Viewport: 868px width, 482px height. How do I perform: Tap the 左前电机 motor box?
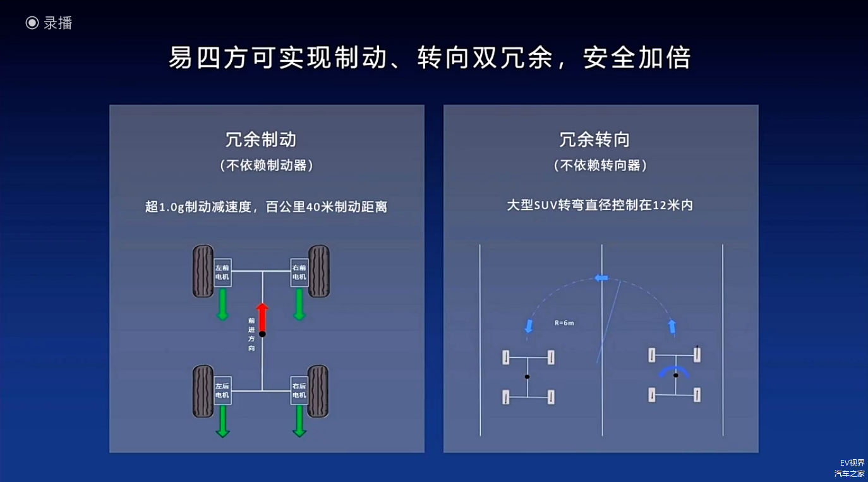tap(222, 273)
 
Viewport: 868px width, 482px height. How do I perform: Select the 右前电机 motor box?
tap(299, 273)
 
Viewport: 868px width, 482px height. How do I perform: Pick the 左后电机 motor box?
tap(222, 391)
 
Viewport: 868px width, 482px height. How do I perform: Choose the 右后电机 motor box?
tap(299, 391)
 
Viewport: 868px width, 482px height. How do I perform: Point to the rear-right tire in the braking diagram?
tap(318, 391)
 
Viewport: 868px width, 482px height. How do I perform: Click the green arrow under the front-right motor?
tap(299, 304)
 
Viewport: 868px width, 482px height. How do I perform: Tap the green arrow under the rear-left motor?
tap(222, 421)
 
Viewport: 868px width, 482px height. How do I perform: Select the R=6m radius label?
tap(564, 323)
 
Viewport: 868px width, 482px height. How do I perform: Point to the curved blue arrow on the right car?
tap(675, 371)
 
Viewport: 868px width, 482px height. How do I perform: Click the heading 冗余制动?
tap(261, 139)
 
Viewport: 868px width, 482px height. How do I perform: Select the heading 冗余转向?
tap(594, 139)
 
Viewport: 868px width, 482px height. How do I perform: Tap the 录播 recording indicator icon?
tap(32, 23)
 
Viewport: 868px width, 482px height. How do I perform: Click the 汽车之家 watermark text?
tap(849, 473)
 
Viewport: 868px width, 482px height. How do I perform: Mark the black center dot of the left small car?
tap(527, 377)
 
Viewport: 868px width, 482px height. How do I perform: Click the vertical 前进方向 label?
tap(251, 334)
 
